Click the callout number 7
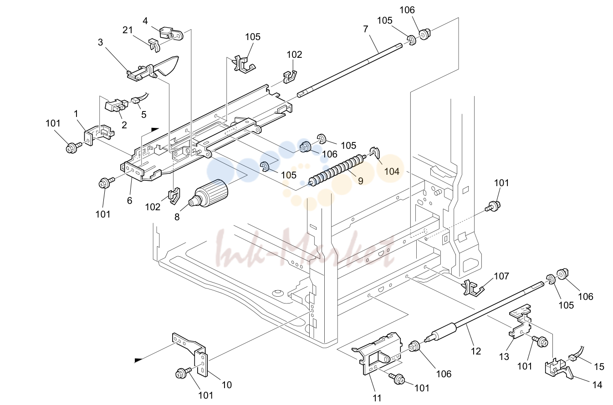click(x=366, y=29)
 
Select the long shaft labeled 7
click(x=350, y=70)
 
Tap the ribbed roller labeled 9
click(x=337, y=170)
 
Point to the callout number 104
click(x=392, y=172)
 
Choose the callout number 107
click(x=501, y=276)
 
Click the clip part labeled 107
click(x=472, y=288)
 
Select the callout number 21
click(x=128, y=30)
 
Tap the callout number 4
click(x=145, y=21)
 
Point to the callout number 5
click(x=143, y=114)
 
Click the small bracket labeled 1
click(x=98, y=135)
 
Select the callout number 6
click(x=129, y=200)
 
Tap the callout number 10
click(x=227, y=385)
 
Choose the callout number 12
click(x=475, y=351)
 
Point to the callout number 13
click(x=504, y=357)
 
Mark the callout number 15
click(x=599, y=366)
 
